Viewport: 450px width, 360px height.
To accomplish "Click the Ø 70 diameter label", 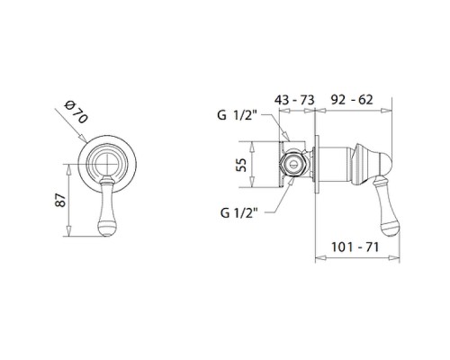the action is pos(76,112).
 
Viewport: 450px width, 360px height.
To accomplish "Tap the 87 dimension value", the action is pos(60,200).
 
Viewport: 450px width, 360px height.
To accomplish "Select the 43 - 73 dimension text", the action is pos(294,100).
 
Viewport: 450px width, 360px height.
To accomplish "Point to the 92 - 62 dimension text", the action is pos(352,100).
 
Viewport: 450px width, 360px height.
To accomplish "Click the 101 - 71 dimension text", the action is pos(355,247).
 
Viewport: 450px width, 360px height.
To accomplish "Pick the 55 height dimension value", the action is pos(241,165).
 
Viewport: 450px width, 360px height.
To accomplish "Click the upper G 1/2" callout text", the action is pos(238,115).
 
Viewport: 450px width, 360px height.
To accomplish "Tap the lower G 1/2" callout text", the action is pos(239,212).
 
